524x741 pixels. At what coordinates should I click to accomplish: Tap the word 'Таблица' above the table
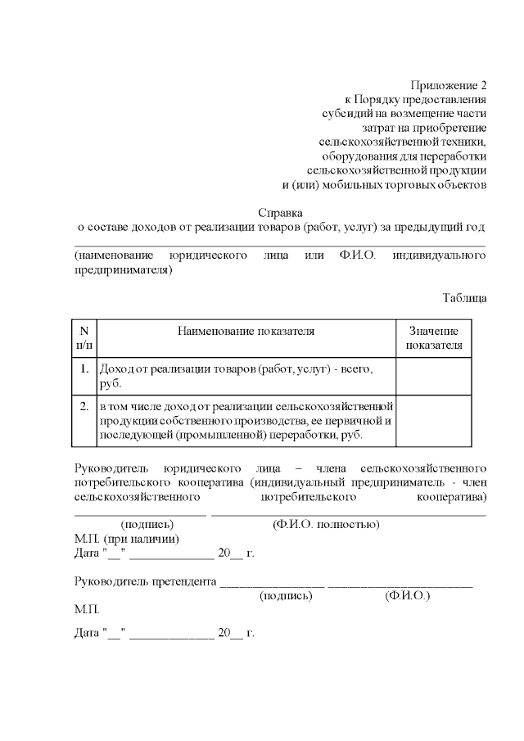[464, 297]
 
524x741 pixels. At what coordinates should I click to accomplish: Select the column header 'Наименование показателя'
[246, 331]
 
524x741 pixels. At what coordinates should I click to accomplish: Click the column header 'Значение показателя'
[433, 337]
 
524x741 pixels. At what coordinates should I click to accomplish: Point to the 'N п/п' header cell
[84, 337]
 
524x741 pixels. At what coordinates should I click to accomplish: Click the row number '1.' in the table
[84, 369]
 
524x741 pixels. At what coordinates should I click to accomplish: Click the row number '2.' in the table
[84, 405]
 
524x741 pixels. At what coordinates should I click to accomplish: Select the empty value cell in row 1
[433, 377]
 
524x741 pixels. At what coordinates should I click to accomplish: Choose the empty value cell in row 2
[433, 420]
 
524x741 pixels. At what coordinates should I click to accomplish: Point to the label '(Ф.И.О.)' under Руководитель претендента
[407, 595]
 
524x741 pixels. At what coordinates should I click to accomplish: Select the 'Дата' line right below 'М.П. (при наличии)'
[164, 553]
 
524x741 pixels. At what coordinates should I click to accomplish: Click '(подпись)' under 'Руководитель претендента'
[286, 595]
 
